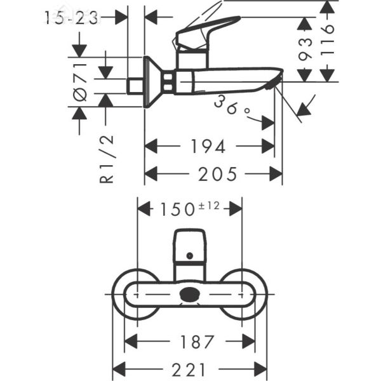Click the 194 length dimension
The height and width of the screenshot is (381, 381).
click(x=208, y=147)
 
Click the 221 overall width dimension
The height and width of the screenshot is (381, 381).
click(x=189, y=368)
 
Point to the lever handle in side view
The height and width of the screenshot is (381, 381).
click(x=203, y=32)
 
